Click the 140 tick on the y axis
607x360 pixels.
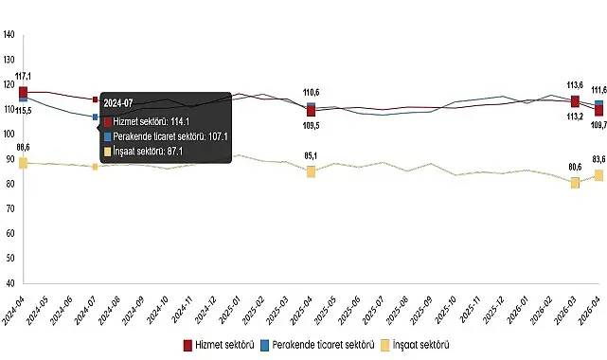click(x=9, y=35)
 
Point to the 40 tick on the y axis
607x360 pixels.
click(x=9, y=282)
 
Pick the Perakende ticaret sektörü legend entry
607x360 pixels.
click(x=316, y=343)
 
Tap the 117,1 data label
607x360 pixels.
click(x=24, y=76)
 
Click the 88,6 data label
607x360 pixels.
click(x=24, y=147)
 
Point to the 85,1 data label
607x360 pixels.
click(x=311, y=155)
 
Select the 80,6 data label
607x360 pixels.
click(x=575, y=168)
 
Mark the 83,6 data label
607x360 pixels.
click(x=598, y=159)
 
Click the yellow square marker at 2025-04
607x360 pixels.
click(x=311, y=171)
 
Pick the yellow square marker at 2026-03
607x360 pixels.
click(x=575, y=183)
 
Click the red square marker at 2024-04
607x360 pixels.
click(x=23, y=91)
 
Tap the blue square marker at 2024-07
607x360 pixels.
click(x=95, y=117)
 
